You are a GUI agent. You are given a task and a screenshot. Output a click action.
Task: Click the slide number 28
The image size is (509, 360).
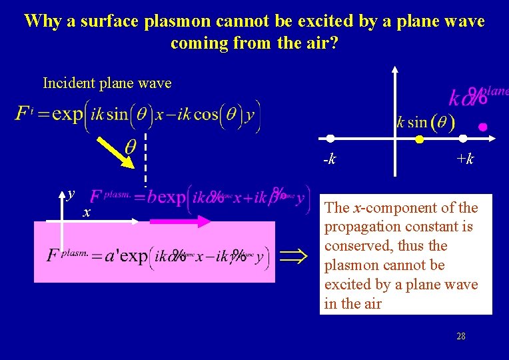click(x=461, y=336)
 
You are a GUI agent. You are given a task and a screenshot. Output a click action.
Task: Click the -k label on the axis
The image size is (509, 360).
click(x=329, y=159)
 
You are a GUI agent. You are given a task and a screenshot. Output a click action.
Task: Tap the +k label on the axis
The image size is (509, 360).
click(x=465, y=159)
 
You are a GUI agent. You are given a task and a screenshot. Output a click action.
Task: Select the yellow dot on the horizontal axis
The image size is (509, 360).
click(x=419, y=140)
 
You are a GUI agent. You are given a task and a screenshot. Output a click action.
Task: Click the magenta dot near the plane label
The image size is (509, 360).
click(x=483, y=126)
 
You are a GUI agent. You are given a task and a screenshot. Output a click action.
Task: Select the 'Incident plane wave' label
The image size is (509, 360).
click(x=107, y=83)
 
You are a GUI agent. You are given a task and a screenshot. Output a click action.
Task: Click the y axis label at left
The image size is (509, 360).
click(x=70, y=195)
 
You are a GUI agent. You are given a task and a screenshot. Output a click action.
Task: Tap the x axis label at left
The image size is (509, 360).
click(x=86, y=213)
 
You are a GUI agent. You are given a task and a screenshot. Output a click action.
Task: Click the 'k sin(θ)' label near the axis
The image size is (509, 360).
click(x=425, y=122)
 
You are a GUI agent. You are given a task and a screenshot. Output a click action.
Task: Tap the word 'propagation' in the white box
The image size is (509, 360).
click(x=361, y=227)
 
